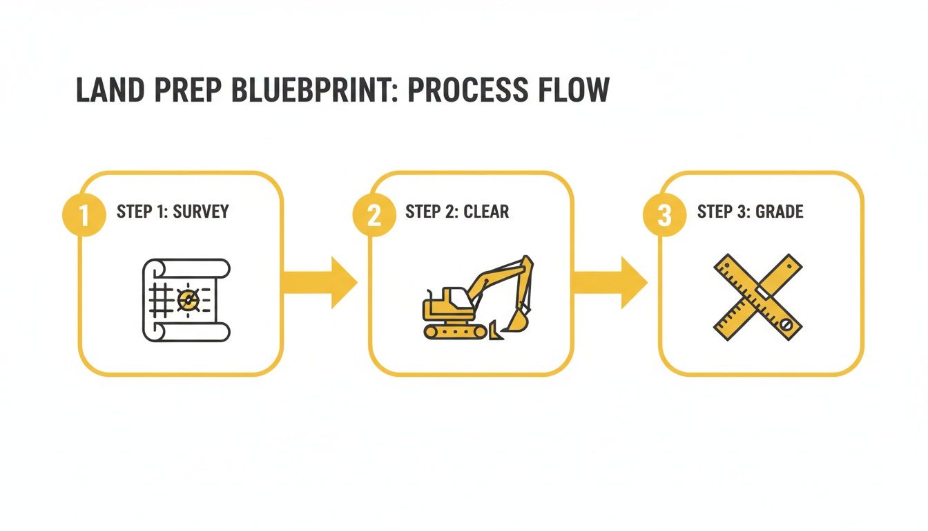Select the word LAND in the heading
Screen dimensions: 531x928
pos(106,91)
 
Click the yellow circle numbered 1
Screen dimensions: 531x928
pos(84,215)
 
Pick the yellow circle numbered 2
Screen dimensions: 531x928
pos(374,215)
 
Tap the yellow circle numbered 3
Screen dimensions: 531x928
pos(664,215)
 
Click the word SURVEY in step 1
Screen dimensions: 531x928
pos(200,212)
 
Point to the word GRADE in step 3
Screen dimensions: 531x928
pos(779,212)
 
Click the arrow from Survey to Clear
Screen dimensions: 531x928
pos(320,282)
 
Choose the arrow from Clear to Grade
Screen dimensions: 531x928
pos(610,282)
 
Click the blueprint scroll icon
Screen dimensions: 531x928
pos(186,299)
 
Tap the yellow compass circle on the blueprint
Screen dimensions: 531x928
pos(187,299)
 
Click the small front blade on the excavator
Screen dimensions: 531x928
pos(494,331)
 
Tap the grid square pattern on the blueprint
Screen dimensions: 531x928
pos(160,300)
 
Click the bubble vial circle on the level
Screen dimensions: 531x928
pos(786,323)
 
